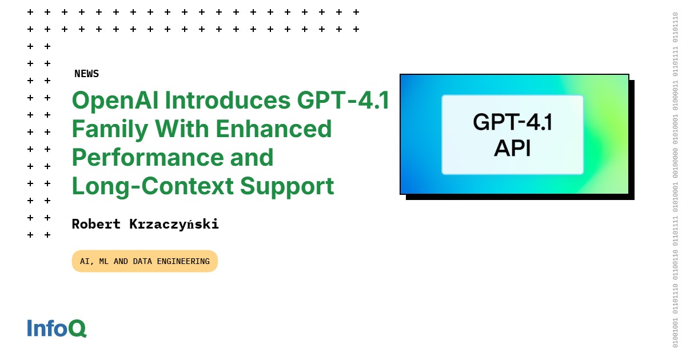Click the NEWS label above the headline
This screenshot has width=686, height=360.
(86, 74)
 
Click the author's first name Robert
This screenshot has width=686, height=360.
(96, 224)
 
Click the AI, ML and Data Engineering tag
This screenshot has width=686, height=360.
(145, 261)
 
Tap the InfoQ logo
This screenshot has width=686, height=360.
(57, 328)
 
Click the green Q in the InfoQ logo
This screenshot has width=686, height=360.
(78, 329)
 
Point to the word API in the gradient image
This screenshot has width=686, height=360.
(512, 148)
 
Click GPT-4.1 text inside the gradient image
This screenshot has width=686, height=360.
(512, 122)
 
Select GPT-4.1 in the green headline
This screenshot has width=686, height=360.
(343, 101)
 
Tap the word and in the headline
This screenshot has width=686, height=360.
(253, 158)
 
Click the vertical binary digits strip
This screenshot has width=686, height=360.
(675, 180)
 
